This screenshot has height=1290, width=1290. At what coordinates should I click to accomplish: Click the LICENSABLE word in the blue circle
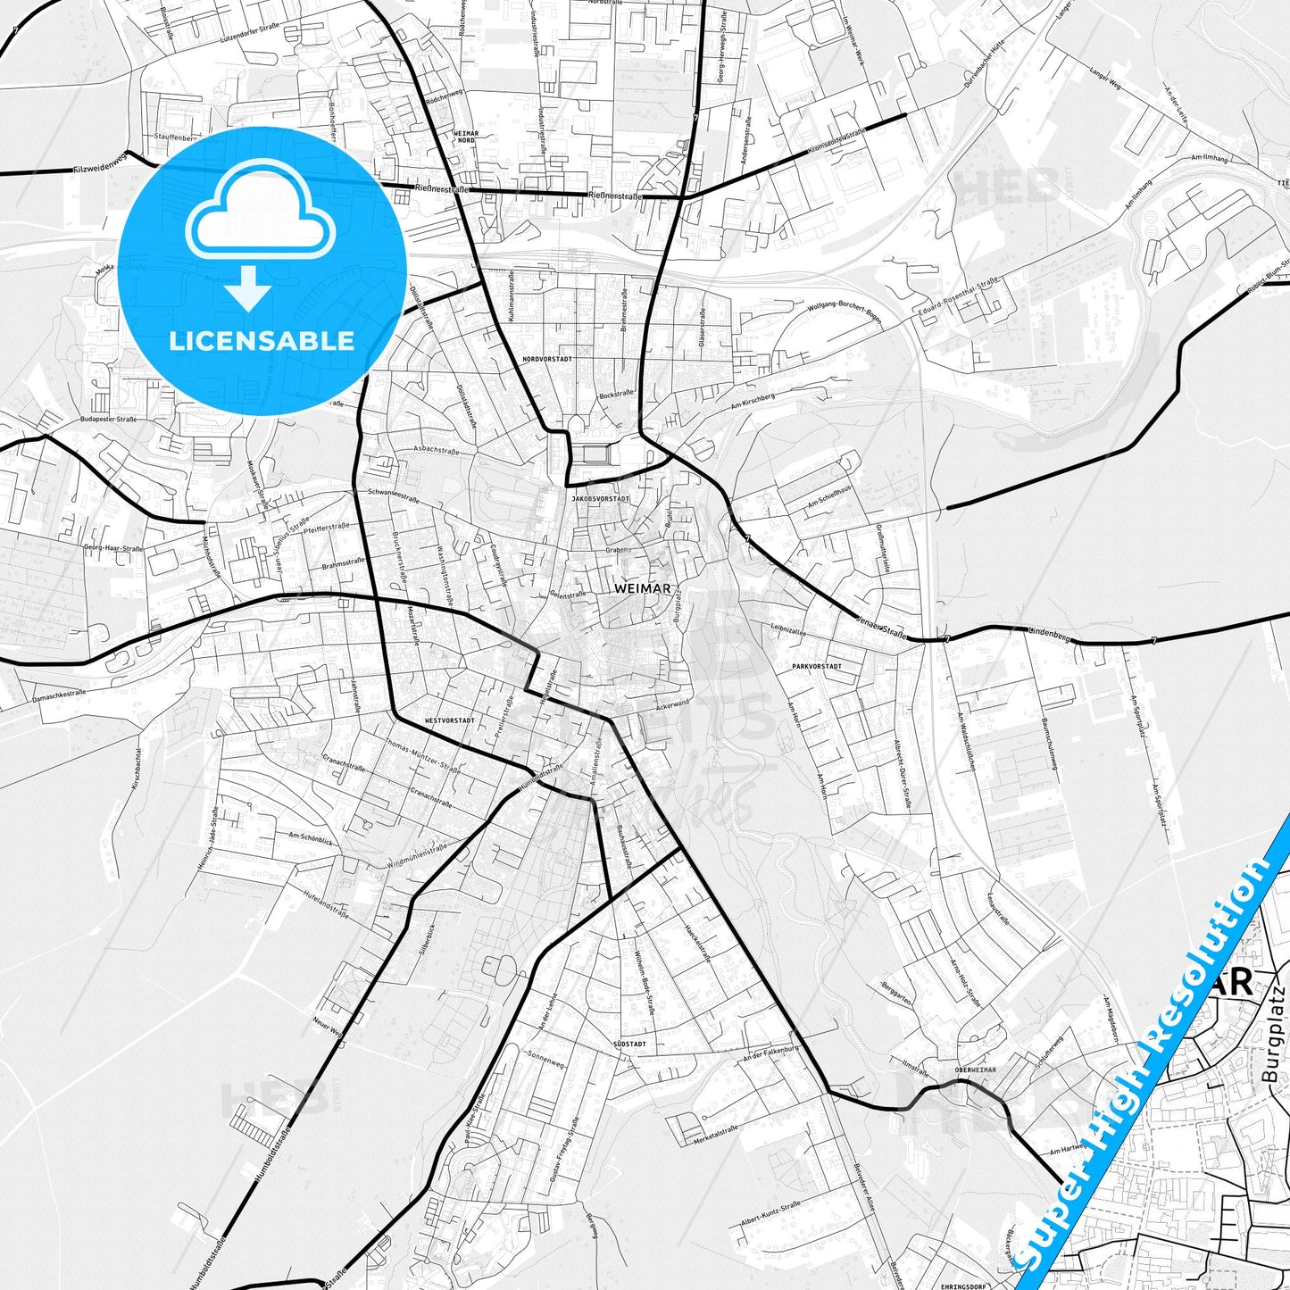pyautogui.click(x=262, y=341)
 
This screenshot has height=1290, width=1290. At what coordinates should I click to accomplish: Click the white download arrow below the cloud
pyautogui.click(x=248, y=290)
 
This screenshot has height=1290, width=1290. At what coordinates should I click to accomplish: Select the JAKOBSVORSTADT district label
pyautogui.click(x=601, y=498)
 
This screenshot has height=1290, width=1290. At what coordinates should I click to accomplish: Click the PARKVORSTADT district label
pyautogui.click(x=816, y=666)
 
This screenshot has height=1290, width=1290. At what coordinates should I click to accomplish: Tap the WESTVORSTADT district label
pyautogui.click(x=450, y=720)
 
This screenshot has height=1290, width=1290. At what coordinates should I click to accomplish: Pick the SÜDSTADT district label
pyautogui.click(x=629, y=1043)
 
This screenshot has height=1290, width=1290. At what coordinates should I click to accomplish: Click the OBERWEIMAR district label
pyautogui.click(x=975, y=1069)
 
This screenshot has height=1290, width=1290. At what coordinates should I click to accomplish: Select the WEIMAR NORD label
pyautogui.click(x=466, y=137)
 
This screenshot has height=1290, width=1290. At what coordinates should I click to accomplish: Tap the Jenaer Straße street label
pyautogui.click(x=880, y=628)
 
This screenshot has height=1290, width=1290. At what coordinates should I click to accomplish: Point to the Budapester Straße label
pyautogui.click(x=108, y=418)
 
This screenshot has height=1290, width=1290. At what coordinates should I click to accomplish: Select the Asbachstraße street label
pyautogui.click(x=437, y=452)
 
